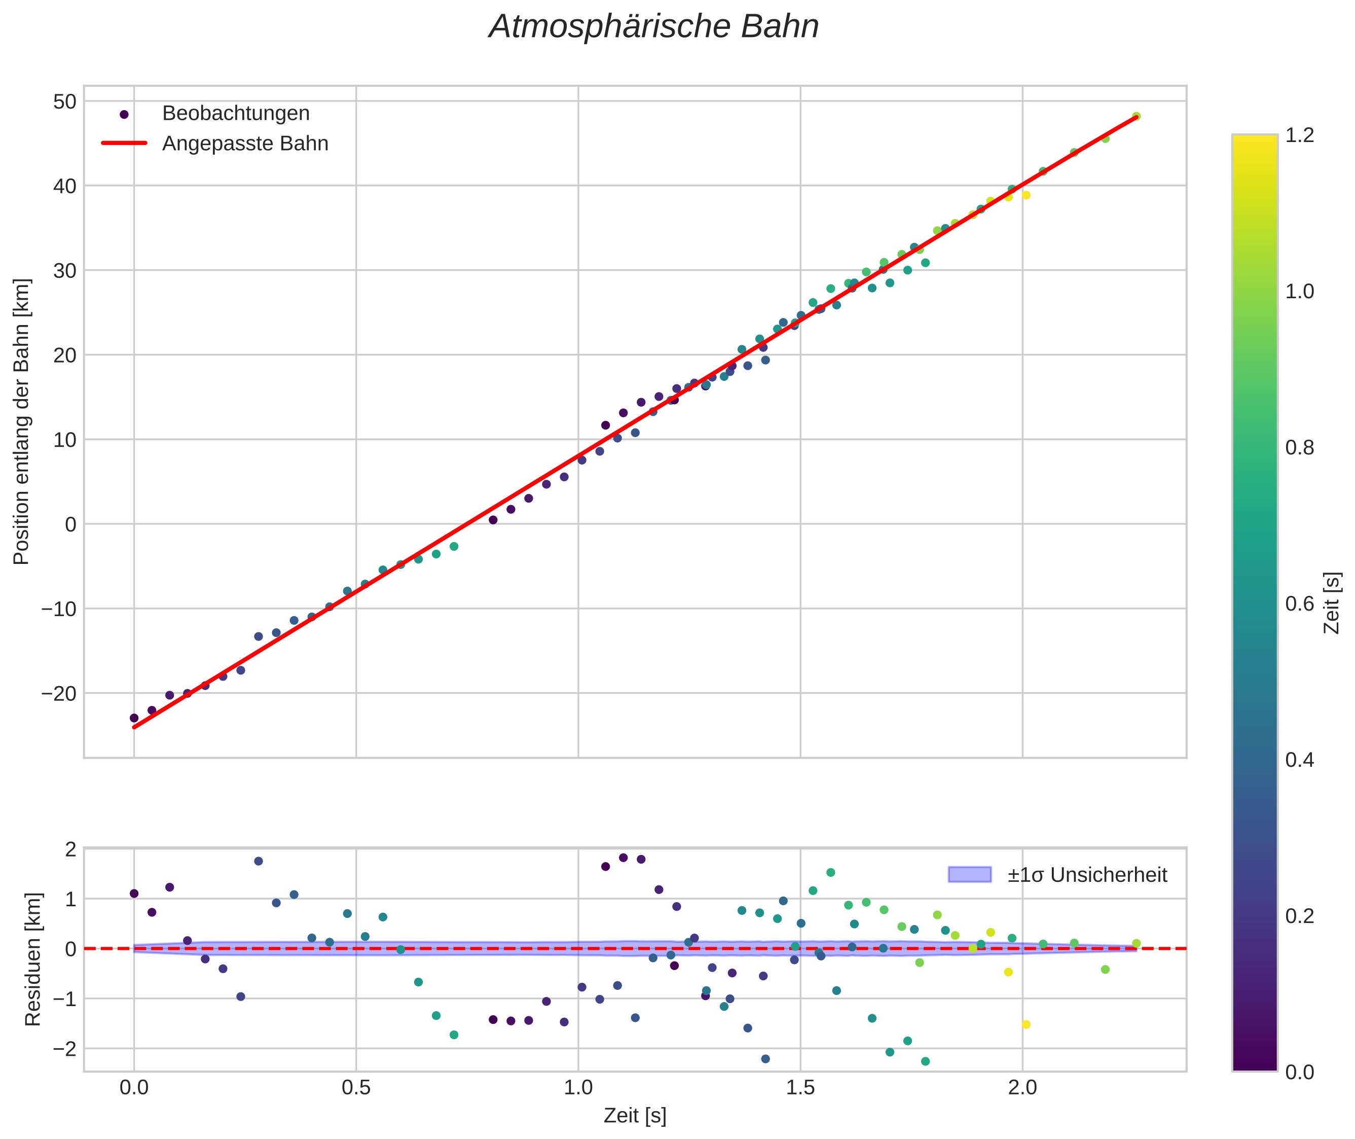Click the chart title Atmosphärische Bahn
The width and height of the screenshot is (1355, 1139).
click(653, 27)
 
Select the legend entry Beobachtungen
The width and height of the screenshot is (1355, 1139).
click(236, 114)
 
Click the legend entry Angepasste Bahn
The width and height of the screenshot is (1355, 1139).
click(245, 144)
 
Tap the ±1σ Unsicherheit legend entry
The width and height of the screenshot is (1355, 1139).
click(1087, 875)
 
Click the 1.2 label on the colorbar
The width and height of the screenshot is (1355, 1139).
click(1299, 135)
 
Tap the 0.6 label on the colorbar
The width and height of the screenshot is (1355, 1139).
click(1299, 603)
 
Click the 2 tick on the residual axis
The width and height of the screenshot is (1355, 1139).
click(70, 848)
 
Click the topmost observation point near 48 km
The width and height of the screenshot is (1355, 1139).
click(1136, 116)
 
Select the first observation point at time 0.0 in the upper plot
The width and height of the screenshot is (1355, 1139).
click(134, 718)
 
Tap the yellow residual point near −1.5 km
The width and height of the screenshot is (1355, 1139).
click(1026, 1024)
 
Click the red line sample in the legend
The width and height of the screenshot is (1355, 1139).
click(124, 144)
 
